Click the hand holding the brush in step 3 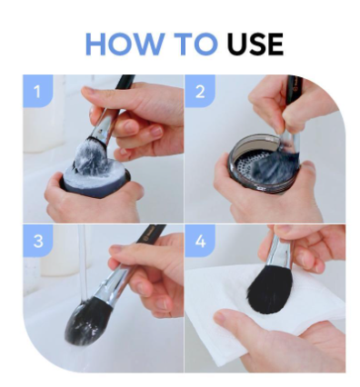point(145,273)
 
